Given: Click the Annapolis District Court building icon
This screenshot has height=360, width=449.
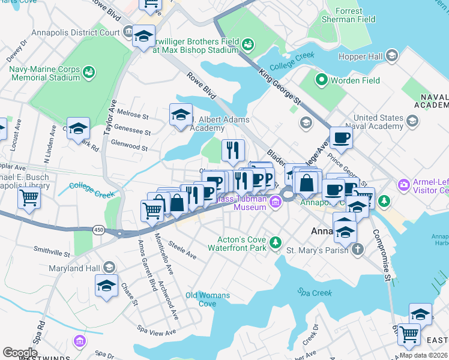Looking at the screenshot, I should pos(127,31).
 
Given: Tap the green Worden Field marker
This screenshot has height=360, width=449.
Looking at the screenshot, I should pos(322,79).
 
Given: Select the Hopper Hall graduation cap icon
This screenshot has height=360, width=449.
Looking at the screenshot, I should pos(392,56).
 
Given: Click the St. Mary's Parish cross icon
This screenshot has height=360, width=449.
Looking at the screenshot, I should pos(358,250).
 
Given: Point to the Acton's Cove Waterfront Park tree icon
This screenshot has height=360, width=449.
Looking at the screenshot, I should pos(276,242).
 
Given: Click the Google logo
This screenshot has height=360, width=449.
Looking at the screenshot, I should pos(20,352).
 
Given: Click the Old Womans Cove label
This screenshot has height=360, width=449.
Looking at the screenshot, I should pos(208,299).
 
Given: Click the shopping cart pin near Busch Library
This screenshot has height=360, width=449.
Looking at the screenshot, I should pos(29,199).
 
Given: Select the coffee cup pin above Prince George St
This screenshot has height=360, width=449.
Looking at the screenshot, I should pos(341,137).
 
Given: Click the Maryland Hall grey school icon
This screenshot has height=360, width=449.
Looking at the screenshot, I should pos(109,267).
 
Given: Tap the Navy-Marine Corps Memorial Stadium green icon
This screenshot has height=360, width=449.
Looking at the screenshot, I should pos(89,72).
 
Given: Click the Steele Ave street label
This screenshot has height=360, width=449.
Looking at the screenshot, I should pos(182,250).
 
